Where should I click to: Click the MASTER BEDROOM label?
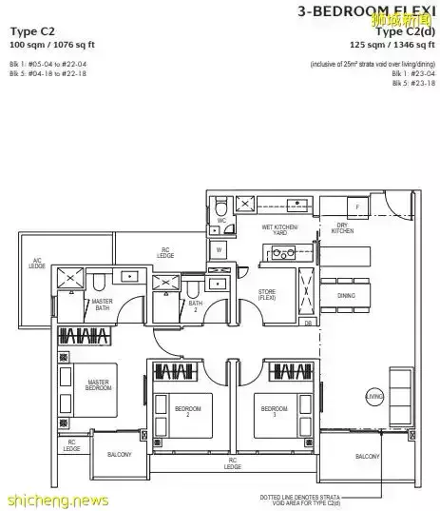click(x=99, y=384)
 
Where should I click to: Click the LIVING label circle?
click(x=373, y=395)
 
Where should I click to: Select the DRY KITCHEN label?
click(x=343, y=229)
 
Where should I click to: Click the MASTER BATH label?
click(x=102, y=304)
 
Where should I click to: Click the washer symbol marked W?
click(x=219, y=251)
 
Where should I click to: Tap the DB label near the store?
click(x=307, y=323)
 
